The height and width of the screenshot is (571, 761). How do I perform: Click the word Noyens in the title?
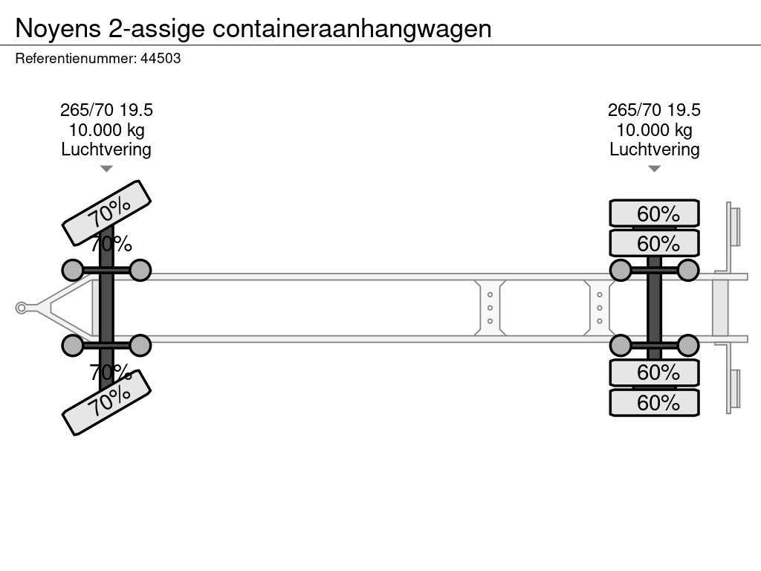click(x=58, y=28)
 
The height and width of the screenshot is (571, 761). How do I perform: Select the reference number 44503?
click(x=161, y=59)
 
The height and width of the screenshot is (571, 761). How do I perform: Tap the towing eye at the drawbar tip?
click(x=22, y=308)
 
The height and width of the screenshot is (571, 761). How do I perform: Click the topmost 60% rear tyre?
click(x=654, y=214)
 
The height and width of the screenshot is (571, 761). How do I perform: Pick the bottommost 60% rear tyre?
click(x=654, y=403)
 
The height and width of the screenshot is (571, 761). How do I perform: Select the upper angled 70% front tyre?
click(x=106, y=213)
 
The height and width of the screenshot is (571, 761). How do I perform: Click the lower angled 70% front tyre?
click(x=106, y=402)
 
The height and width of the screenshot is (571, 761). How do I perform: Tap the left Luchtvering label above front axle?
click(x=106, y=149)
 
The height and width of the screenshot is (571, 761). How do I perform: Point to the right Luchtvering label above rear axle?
click(x=654, y=149)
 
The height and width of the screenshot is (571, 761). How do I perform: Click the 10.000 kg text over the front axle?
click(x=106, y=130)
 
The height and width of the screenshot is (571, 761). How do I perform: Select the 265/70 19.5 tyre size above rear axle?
click(x=654, y=111)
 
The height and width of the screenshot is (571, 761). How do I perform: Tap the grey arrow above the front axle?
click(x=106, y=169)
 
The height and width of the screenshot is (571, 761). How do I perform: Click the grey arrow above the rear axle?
click(x=654, y=169)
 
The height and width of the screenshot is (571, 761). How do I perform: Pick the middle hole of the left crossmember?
click(x=490, y=308)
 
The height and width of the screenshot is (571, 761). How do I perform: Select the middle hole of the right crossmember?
click(x=599, y=308)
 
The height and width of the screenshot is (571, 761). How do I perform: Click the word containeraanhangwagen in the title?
click(x=352, y=28)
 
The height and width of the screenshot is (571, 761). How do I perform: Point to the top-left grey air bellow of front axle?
click(x=72, y=270)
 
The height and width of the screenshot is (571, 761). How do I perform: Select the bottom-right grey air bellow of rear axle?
click(x=688, y=346)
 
